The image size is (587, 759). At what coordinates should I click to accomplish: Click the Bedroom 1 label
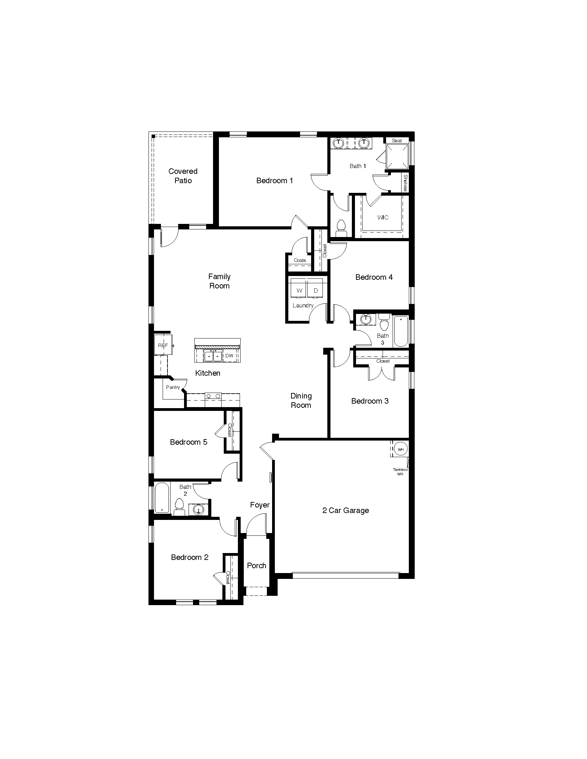click(x=275, y=181)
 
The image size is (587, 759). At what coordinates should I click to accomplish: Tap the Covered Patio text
click(x=183, y=176)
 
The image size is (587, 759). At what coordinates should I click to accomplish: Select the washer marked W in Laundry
click(x=299, y=290)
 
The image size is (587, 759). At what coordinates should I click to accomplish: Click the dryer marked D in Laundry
click(x=316, y=290)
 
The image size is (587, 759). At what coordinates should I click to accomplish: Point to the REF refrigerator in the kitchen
click(x=163, y=345)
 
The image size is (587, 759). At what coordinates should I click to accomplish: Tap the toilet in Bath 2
click(x=180, y=507)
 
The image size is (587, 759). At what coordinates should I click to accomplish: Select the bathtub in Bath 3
click(x=401, y=331)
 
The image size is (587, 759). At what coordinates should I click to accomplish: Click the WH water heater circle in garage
click(x=401, y=449)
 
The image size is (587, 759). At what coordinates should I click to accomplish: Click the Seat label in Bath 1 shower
click(x=397, y=141)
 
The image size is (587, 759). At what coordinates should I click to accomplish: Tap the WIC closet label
click(x=383, y=218)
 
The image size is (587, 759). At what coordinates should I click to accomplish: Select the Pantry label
click(x=173, y=387)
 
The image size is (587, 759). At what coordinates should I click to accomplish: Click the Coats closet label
click(x=300, y=260)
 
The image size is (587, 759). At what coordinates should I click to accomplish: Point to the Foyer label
click(x=260, y=505)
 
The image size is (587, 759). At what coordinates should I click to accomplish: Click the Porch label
click(x=257, y=565)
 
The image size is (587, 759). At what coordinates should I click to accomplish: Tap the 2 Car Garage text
click(x=345, y=511)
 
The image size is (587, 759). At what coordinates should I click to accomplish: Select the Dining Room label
click(x=301, y=401)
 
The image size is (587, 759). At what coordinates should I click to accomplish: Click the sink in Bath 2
click(x=199, y=510)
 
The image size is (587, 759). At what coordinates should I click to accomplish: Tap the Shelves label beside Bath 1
click(x=405, y=183)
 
